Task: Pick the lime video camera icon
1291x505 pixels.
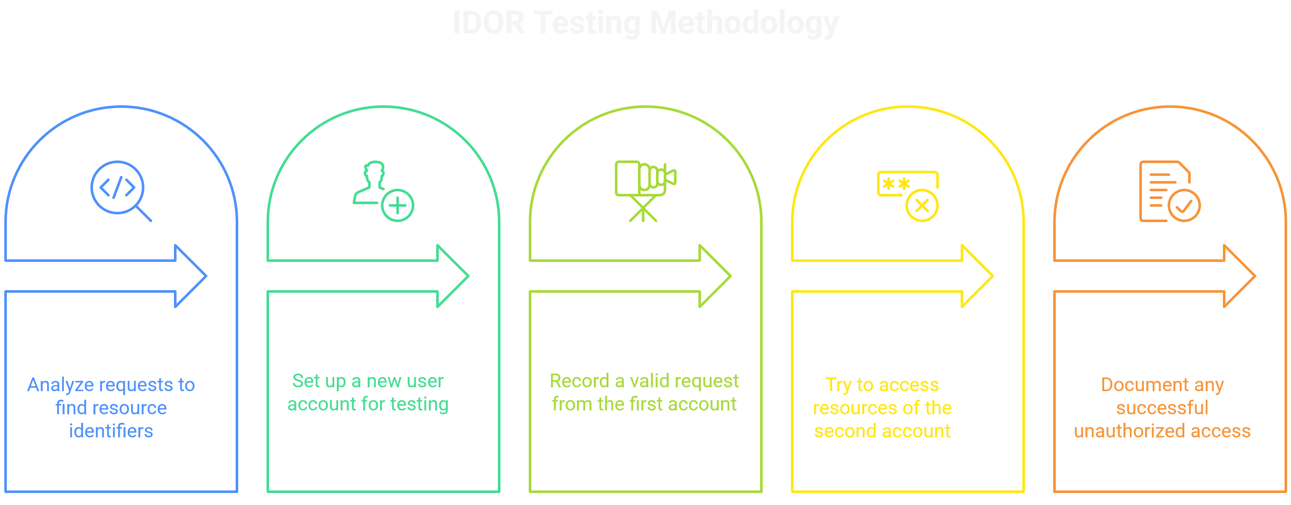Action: (644, 190)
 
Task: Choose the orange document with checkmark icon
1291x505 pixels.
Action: (1169, 191)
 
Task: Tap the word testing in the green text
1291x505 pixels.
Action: (419, 404)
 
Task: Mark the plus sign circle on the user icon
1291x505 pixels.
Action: (398, 205)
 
